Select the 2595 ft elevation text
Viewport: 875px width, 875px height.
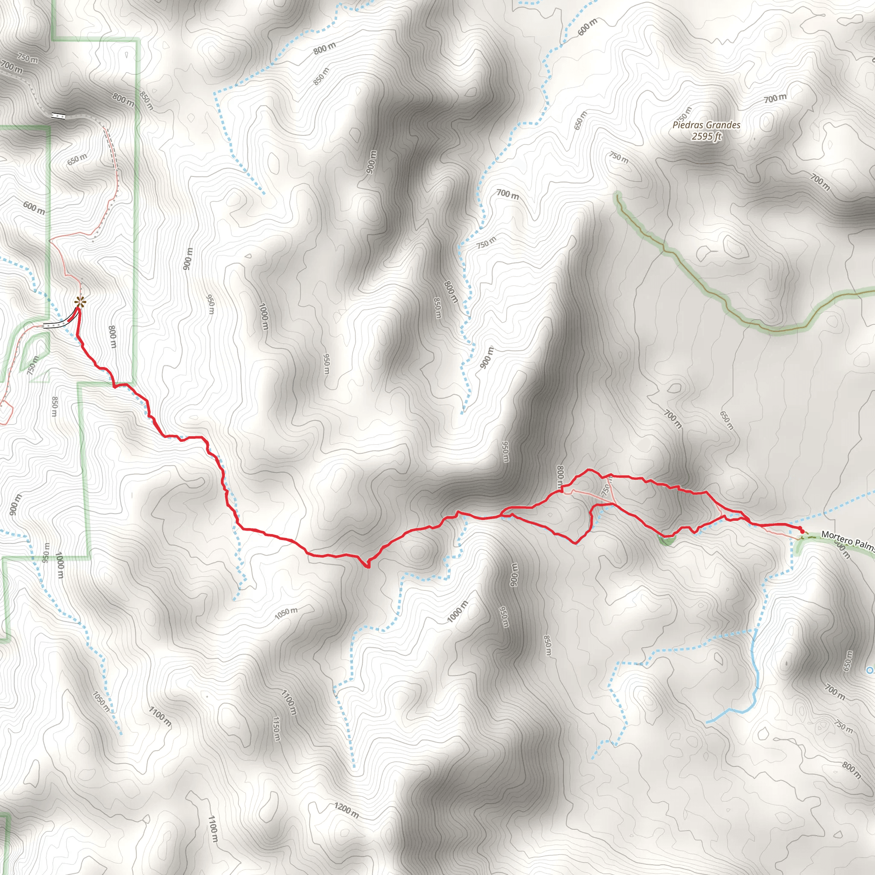pyautogui.click(x=707, y=136)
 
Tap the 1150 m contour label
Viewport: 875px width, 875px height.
pyautogui.click(x=277, y=729)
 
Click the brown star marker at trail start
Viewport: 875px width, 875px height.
pyautogui.click(x=80, y=301)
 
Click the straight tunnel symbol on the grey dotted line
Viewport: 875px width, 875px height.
pyautogui.click(x=59, y=116)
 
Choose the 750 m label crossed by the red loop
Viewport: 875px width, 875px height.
pyautogui.click(x=606, y=488)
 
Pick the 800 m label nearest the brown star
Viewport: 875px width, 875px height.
pyautogui.click(x=112, y=338)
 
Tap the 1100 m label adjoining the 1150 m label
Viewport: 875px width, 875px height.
pyautogui.click(x=288, y=702)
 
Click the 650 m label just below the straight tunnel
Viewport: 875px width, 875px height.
pyautogui.click(x=77, y=159)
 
